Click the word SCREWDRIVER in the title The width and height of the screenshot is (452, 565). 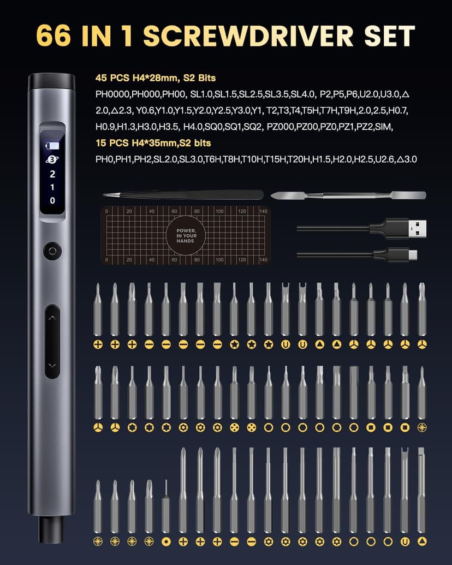pos(248,35)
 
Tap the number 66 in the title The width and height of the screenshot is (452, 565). pos(53,35)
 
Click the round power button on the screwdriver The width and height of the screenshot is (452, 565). pos(52,251)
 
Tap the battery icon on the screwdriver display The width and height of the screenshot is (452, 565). pos(52,146)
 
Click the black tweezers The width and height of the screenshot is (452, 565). pos(183,194)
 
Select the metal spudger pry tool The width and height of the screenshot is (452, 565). pos(348,195)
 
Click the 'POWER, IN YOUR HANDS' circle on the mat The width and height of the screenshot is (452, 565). pos(186,236)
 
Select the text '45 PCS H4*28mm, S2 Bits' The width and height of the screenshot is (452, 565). pos(156,78)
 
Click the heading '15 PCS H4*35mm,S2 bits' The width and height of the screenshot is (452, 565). pos(153,143)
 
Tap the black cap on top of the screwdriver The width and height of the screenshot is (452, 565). pos(51,81)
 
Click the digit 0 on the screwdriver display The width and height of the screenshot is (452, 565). pos(52,200)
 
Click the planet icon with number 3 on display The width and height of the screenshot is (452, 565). pos(52,159)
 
